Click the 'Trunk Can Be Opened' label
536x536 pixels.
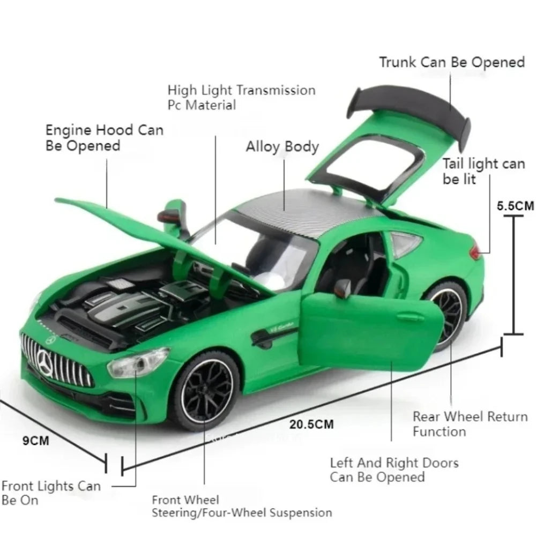coord(452,62)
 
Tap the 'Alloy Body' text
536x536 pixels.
coord(282,147)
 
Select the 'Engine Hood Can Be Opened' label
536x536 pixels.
coord(105,138)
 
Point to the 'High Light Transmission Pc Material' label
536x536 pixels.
coord(241,98)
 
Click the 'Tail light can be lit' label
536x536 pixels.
coord(483,171)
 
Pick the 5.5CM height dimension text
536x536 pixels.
coord(515,206)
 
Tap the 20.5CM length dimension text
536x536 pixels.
coord(311,424)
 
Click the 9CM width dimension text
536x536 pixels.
coord(35,441)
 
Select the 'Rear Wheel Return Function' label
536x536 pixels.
coord(471,424)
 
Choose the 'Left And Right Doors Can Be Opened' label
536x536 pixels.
coord(394,470)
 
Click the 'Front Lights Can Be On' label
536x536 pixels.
coord(51,493)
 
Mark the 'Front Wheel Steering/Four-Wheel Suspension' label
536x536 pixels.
coord(242,507)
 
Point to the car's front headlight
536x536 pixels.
coord(138,362)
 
